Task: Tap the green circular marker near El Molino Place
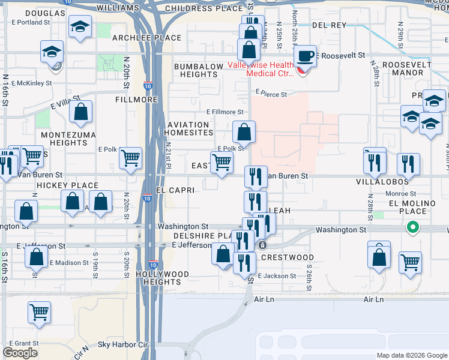412,227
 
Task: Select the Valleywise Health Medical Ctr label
260,70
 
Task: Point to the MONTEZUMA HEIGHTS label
64,139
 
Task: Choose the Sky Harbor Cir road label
122,344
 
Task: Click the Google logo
20,353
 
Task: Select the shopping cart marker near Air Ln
40,312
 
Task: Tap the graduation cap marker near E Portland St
79,27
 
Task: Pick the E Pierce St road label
271,94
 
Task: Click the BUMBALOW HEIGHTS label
196,70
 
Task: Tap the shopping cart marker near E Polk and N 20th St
130,159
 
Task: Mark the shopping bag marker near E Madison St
37,256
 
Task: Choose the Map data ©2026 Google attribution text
411,355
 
